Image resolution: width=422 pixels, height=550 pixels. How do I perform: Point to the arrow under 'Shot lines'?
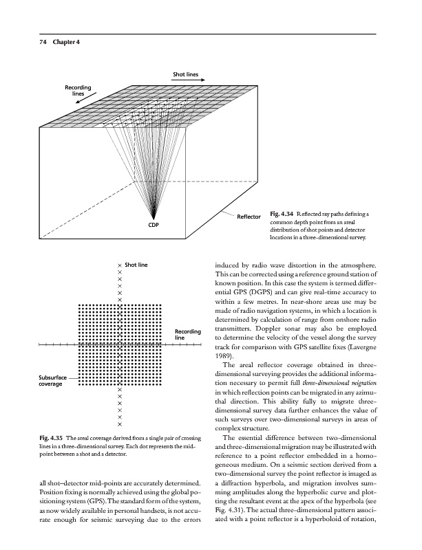pos(192,81)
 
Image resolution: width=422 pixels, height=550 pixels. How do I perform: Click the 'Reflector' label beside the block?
pos(249,218)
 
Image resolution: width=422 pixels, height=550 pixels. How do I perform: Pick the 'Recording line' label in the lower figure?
pos(187,335)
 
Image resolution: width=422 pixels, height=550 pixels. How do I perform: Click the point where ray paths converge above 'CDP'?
pos(153,216)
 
